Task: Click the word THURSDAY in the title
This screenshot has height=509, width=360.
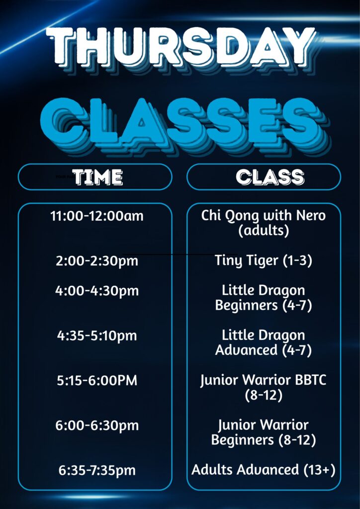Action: tap(181, 47)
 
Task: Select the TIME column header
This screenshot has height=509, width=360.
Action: tap(98, 177)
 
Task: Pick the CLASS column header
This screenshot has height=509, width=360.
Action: tap(270, 177)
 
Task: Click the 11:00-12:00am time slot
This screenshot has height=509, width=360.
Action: tap(97, 216)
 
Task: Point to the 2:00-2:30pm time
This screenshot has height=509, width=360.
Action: tap(97, 261)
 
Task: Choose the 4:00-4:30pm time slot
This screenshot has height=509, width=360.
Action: tap(97, 290)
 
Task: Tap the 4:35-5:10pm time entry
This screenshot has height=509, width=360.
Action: tap(97, 336)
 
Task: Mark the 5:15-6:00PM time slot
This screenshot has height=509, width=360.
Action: tap(97, 380)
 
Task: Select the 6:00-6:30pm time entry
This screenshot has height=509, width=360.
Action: tap(97, 425)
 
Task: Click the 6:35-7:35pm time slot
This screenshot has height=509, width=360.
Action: tap(97, 470)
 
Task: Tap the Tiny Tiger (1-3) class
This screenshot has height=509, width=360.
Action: tap(263, 261)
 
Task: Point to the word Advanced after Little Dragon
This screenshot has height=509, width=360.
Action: tap(247, 350)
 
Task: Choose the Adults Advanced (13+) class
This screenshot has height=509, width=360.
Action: tap(263, 470)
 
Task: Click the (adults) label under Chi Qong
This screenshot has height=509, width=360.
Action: tap(263, 231)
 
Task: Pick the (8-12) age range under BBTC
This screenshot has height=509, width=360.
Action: tap(263, 395)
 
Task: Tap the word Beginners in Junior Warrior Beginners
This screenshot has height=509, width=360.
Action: tap(243, 440)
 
